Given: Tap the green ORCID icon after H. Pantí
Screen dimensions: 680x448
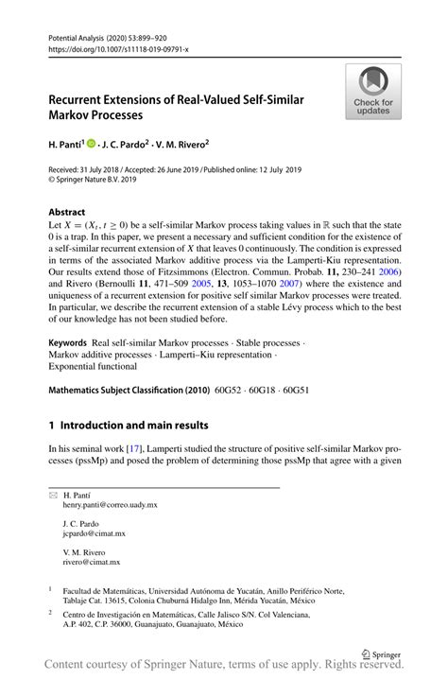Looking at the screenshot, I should point(93,145).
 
